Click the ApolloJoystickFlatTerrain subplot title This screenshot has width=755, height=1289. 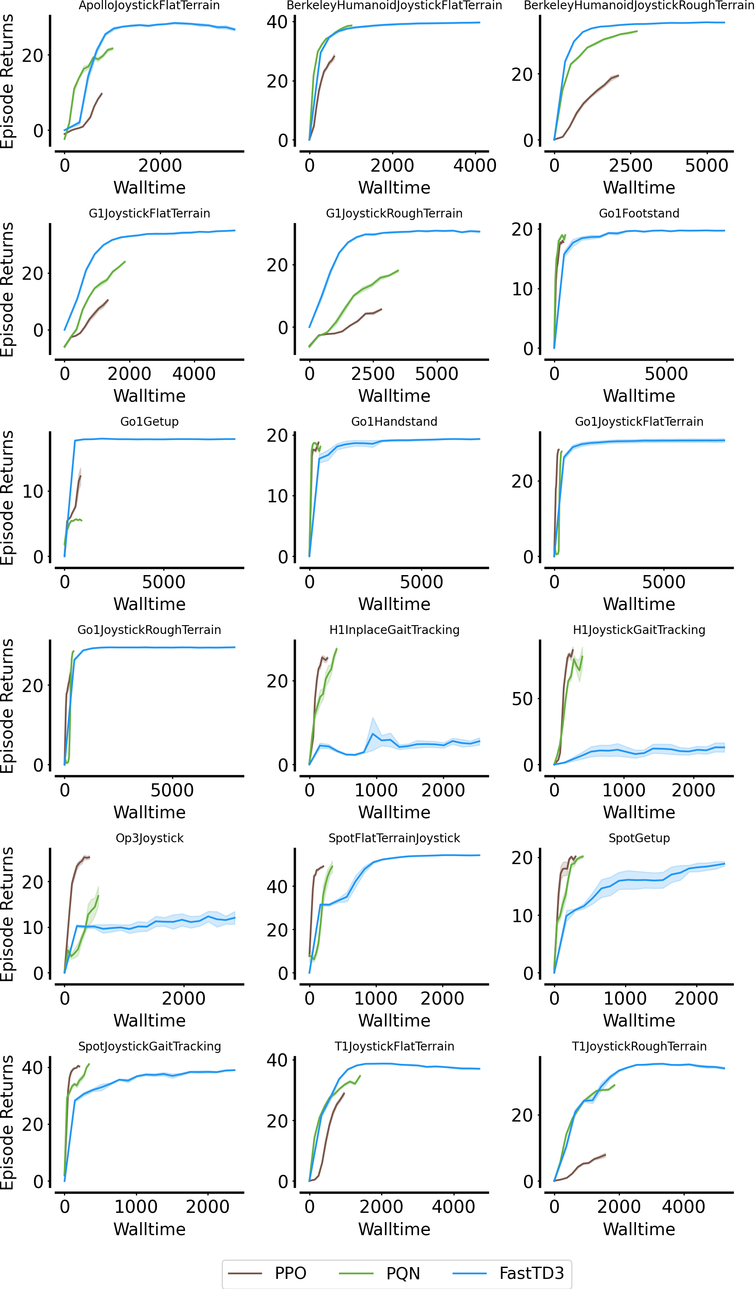point(149,5)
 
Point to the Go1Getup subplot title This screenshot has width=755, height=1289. point(149,422)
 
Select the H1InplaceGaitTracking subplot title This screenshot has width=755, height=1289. point(395,630)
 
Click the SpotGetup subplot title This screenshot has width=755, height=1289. point(639,838)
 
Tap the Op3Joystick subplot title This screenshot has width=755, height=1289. point(149,838)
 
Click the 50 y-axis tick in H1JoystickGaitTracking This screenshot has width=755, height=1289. point(522,699)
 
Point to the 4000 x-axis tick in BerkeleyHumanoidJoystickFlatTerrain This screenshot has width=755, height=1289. point(475,165)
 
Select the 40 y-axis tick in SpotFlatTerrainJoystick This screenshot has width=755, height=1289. point(277,886)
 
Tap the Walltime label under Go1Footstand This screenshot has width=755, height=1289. point(639,395)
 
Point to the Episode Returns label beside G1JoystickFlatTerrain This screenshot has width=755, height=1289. point(7,289)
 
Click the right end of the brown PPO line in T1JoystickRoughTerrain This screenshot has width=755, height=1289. point(606,1154)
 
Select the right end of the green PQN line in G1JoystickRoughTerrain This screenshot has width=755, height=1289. point(398,270)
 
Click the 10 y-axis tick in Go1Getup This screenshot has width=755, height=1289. point(32,491)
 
